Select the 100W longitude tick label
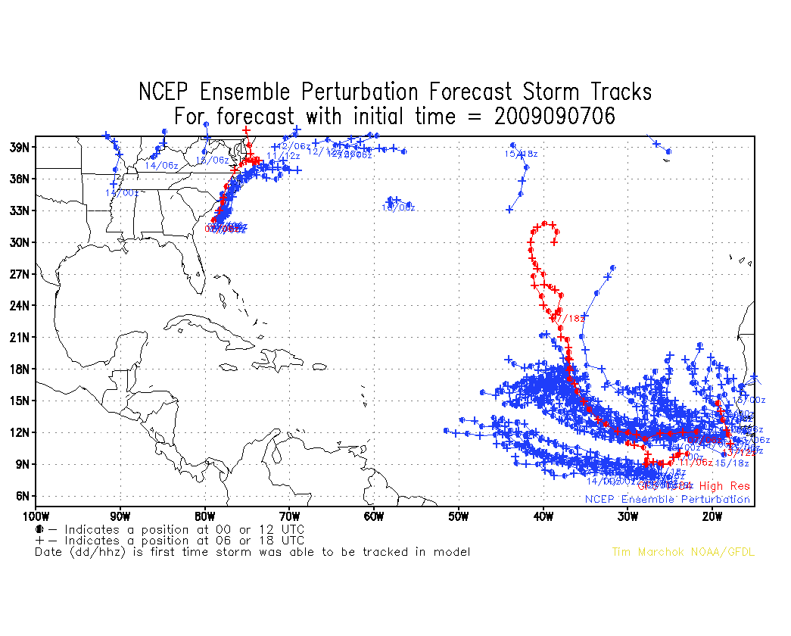36,517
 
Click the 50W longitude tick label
457,517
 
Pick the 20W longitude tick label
711,517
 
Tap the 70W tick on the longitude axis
288,517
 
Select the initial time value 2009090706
556,117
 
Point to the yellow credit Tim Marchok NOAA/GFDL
683,552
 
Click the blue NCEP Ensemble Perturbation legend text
667,499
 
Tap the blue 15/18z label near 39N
521,154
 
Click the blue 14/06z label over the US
161,165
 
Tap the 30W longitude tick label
626,517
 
